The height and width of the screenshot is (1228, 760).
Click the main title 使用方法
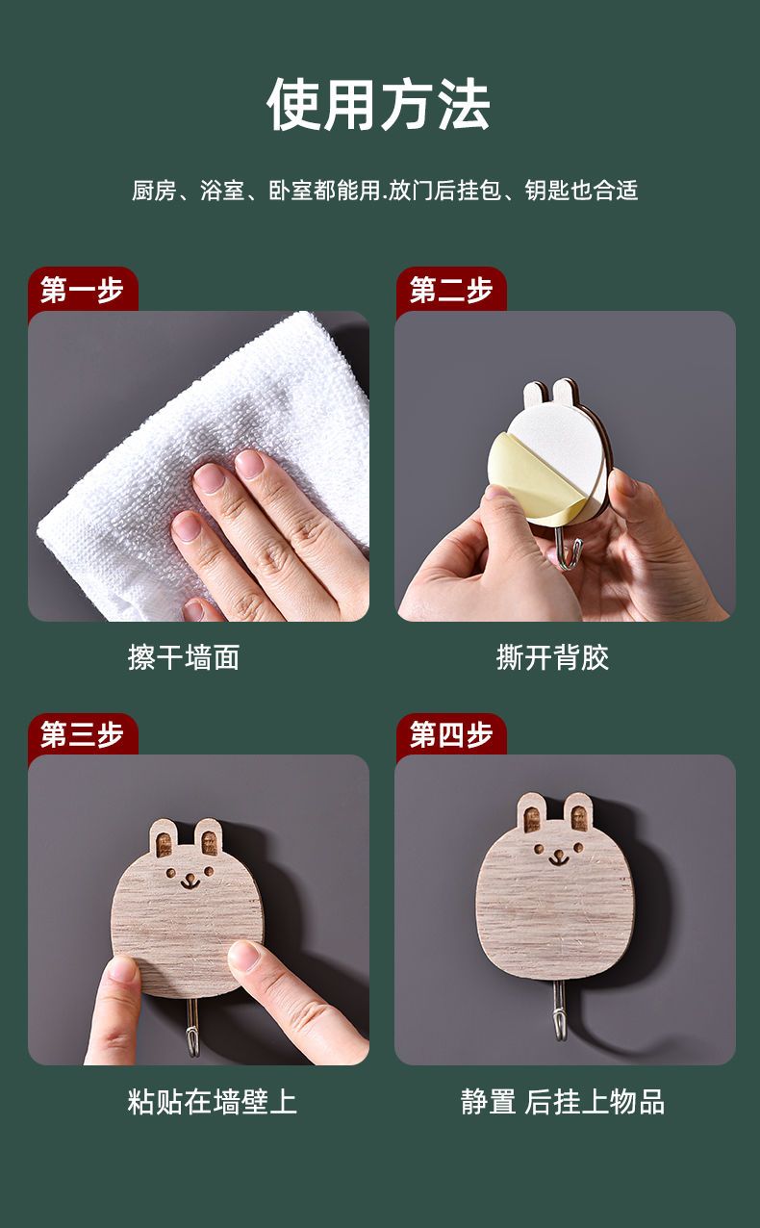coord(379,104)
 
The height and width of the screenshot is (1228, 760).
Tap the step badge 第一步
coord(82,290)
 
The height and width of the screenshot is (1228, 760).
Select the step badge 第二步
coord(451,290)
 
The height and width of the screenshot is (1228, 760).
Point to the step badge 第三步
coord(82,734)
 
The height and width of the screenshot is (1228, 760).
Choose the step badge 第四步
coord(451,734)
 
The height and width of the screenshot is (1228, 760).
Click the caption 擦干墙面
coord(184,656)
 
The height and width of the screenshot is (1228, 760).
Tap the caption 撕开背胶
coord(552,656)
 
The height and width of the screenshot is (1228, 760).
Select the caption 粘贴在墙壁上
coord(212,1102)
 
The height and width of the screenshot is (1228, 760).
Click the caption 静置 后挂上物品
coord(563,1102)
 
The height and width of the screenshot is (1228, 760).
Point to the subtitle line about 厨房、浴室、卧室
coord(385,191)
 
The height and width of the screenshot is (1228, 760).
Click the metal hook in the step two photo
coord(568,548)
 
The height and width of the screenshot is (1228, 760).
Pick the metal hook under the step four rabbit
coord(558,1011)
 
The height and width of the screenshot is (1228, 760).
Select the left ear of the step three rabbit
coord(164,839)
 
